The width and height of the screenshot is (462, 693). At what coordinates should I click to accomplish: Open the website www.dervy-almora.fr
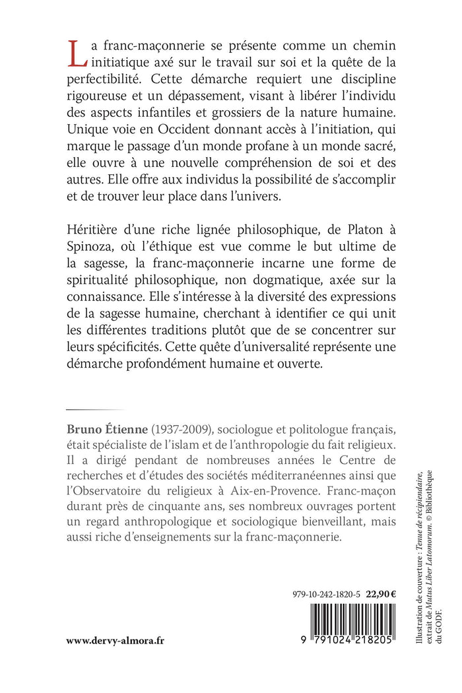tap(123, 640)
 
